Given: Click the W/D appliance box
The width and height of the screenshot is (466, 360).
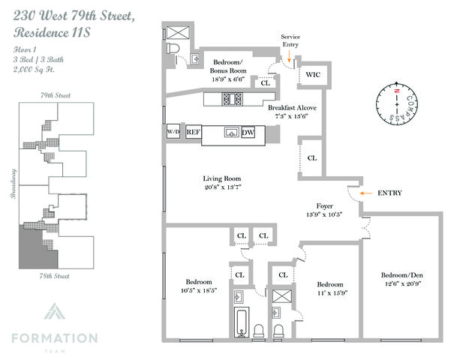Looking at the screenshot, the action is pyautogui.click(x=173, y=132).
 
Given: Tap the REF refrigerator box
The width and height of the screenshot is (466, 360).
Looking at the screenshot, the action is pyautogui.click(x=193, y=132).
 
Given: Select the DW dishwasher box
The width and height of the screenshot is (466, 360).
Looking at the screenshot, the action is pyautogui.click(x=248, y=133).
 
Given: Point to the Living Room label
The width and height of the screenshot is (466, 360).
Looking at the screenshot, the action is pyautogui.click(x=226, y=178).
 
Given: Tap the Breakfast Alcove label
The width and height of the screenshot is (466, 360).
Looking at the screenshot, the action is pyautogui.click(x=293, y=108).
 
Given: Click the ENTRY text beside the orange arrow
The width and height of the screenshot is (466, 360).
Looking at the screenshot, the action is pyautogui.click(x=389, y=193).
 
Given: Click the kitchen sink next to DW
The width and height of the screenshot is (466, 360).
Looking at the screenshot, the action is pyautogui.click(x=230, y=133).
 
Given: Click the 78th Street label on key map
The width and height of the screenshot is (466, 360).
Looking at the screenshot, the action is pyautogui.click(x=55, y=277).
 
